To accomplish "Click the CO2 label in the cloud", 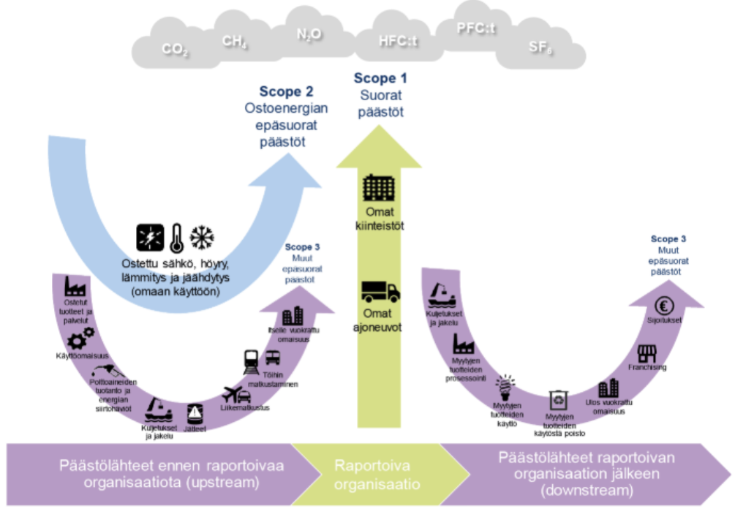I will click(176, 50).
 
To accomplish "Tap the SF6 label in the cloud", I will click(540, 48).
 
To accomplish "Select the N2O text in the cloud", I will click(309, 34).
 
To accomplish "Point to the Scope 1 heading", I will click(380, 78).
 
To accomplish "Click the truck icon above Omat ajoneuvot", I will click(380, 292).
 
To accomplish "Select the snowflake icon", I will click(203, 237).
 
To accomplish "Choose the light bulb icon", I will click(504, 384).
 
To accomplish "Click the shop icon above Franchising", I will click(647, 353).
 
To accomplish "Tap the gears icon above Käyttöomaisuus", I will click(80, 339).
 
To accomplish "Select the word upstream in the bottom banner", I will click(227, 482).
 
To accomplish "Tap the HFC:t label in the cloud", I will click(398, 42).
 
